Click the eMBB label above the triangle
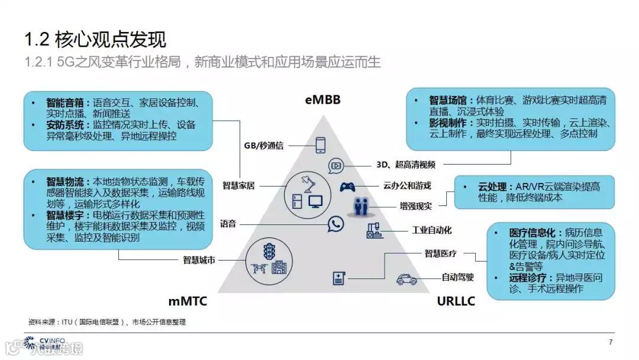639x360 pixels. [322, 99]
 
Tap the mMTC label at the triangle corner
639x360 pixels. [188, 301]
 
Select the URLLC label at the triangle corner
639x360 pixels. [456, 301]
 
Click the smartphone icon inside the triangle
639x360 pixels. [321, 144]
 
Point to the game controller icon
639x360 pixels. [347, 187]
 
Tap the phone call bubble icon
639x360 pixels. [336, 223]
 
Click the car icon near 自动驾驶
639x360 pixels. [406, 278]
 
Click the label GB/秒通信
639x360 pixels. [264, 145]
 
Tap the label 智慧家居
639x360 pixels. [238, 185]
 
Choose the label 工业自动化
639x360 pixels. [431, 230]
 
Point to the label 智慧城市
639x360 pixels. [199, 259]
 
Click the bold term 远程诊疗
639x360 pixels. [530, 278]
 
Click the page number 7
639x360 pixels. [611, 342]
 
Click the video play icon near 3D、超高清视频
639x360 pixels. [335, 165]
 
